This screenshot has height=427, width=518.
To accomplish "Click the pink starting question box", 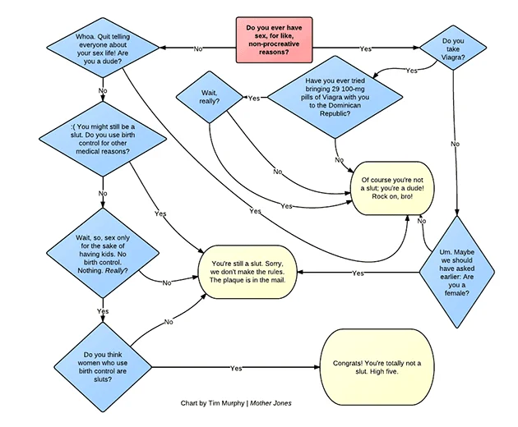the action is (274, 40).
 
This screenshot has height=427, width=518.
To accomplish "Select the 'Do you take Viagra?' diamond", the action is (453, 48).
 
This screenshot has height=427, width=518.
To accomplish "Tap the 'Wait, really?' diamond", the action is (210, 97).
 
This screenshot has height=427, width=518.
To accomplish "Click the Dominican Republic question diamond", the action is (335, 97).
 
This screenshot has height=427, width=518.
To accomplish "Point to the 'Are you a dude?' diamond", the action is (103, 48).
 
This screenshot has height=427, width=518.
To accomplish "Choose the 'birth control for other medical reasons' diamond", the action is (103, 139).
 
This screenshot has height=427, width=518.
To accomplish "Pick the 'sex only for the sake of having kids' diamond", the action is (103, 253).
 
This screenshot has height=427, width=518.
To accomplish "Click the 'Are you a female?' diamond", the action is (457, 273).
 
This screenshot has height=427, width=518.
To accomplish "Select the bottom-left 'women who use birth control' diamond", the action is (103, 367).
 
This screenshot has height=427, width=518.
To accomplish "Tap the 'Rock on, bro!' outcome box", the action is (392, 188).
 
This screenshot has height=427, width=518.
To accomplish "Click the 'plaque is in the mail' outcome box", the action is (247, 272).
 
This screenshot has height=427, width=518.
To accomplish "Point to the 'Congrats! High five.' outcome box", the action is (377, 367).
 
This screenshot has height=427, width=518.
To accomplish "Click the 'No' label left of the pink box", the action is (198, 48).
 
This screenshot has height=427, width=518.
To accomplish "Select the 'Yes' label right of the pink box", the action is (365, 48).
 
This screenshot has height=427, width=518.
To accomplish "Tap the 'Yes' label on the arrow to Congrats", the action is (236, 368).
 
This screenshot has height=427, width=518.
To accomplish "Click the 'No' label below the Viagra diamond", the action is (455, 144).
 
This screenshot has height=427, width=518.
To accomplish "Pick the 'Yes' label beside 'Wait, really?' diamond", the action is (254, 99).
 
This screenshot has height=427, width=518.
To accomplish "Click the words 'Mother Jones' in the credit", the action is (271, 403).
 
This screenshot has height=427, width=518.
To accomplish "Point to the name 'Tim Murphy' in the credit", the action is (226, 403).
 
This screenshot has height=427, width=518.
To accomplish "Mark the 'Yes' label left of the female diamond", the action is (358, 273).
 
